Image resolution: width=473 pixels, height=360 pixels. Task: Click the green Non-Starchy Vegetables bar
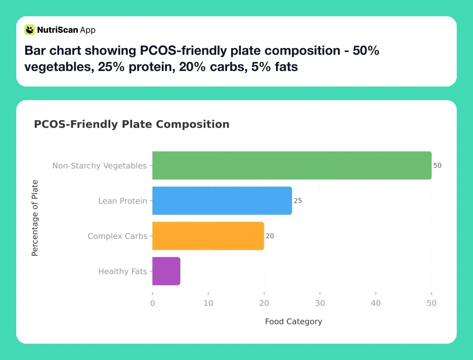tap(292, 165)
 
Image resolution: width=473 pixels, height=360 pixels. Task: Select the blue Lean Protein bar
tap(222, 200)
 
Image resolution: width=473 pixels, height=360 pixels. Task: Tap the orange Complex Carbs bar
tap(208, 236)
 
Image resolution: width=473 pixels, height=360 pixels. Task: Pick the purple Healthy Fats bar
tap(166, 271)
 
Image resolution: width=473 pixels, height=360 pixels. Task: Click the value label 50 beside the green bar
tap(437, 166)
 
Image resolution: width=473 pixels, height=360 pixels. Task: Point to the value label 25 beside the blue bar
tap(298, 201)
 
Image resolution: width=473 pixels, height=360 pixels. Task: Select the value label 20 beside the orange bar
tap(270, 236)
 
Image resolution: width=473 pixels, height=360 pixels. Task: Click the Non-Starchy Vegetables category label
tap(99, 166)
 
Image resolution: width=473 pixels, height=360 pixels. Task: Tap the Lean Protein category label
tap(123, 201)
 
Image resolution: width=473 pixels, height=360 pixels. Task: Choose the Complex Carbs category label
tap(117, 236)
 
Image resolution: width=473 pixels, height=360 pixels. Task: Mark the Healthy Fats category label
tap(122, 271)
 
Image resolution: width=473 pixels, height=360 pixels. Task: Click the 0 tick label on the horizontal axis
tap(152, 303)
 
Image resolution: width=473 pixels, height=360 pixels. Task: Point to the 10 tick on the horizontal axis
tap(208, 303)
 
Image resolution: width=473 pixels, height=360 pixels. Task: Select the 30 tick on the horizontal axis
tap(320, 303)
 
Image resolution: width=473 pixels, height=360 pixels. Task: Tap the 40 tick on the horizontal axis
tap(376, 303)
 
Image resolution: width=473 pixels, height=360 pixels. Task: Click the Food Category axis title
tap(293, 321)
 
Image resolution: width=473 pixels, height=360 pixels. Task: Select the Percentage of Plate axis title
tap(35, 218)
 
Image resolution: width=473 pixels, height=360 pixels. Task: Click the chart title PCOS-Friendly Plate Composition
tap(131, 124)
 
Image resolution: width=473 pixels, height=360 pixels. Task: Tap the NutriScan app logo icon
tap(30, 30)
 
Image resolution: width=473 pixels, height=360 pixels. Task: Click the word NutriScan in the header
tap(57, 30)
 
